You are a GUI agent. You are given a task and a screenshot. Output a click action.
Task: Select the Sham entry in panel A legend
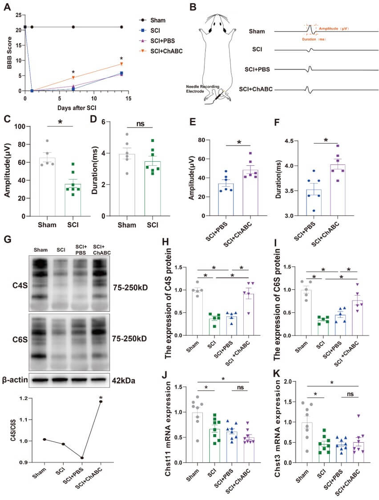[159, 20]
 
